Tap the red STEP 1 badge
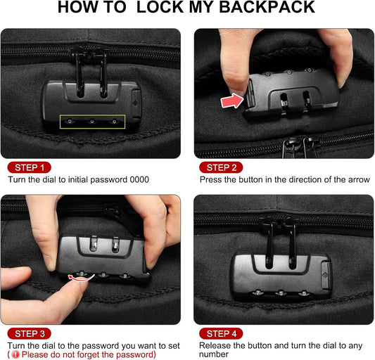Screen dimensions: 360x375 coord(29,167)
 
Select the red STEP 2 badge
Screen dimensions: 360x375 coord(221,167)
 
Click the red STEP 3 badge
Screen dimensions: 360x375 coord(29,333)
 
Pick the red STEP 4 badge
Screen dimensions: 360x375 coord(221,333)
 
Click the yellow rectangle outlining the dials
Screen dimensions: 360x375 coord(92,122)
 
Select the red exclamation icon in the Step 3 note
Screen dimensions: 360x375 coord(15,354)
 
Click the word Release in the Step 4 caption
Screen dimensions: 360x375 coord(215,345)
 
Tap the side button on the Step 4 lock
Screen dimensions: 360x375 coord(324,269)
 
